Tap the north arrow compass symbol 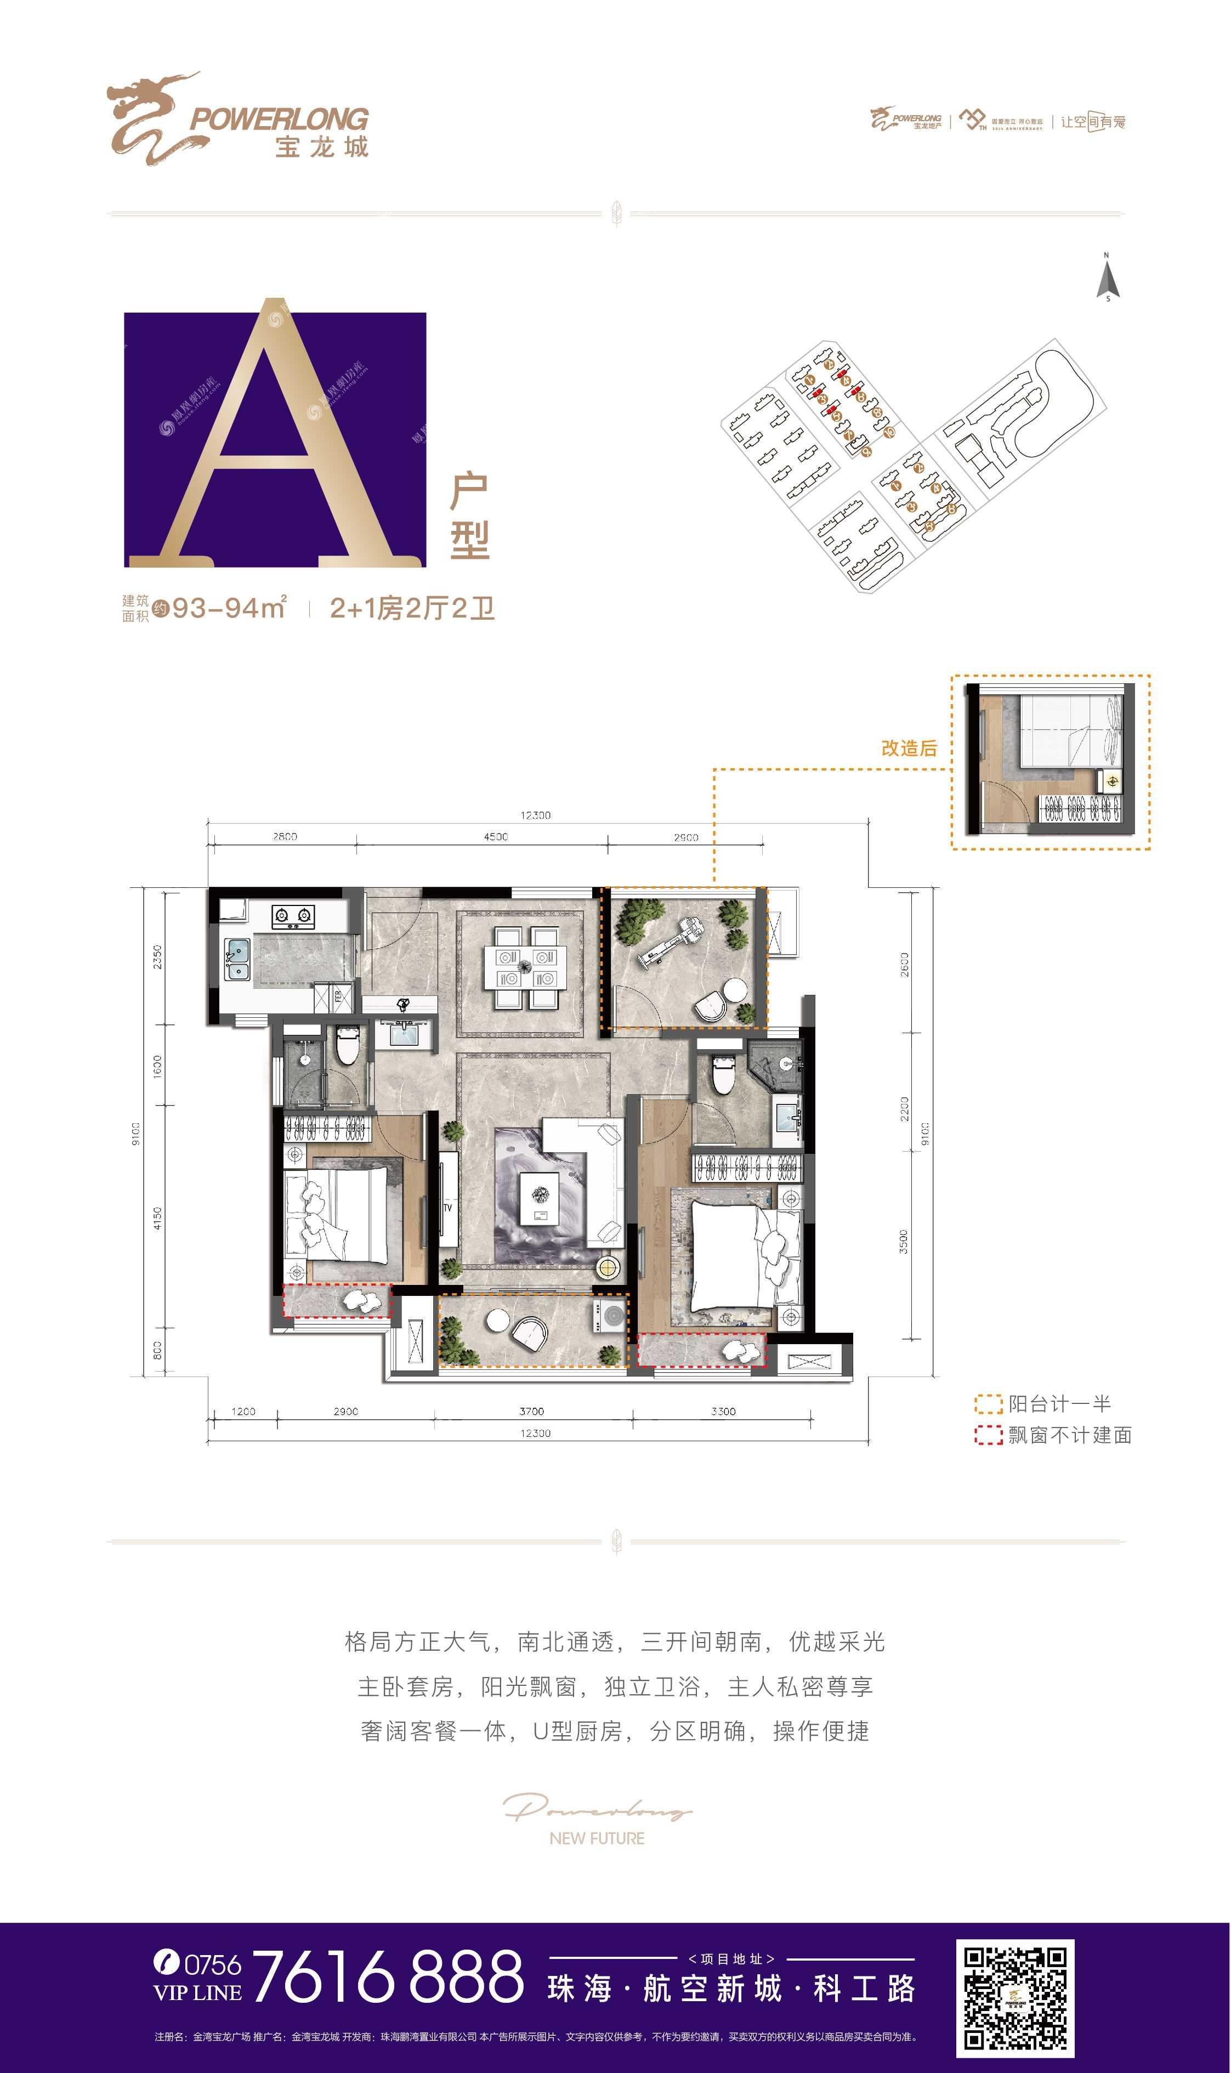[x=1108, y=280]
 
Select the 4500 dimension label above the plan [x=496, y=836]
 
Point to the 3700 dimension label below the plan [x=532, y=1411]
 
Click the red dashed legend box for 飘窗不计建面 [x=988, y=1435]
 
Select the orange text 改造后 [x=909, y=748]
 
